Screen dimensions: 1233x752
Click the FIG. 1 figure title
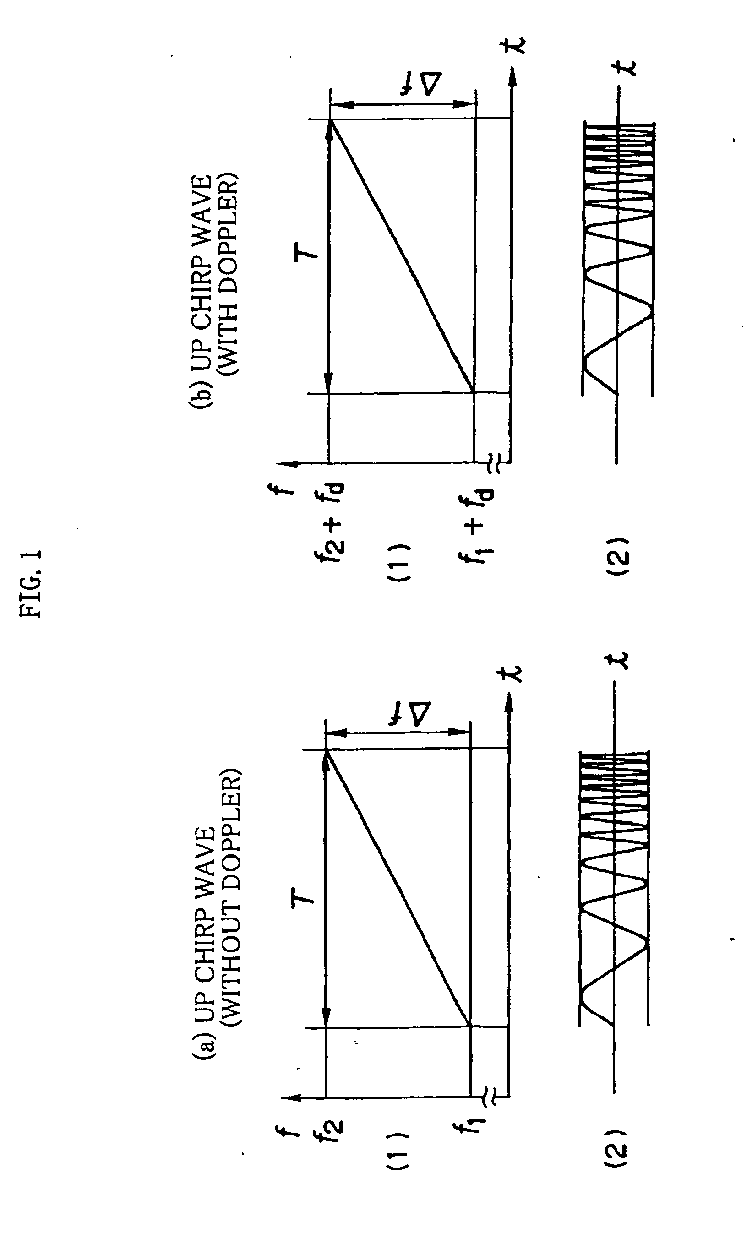pos(31,583)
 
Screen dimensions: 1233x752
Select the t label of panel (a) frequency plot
pos(511,673)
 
